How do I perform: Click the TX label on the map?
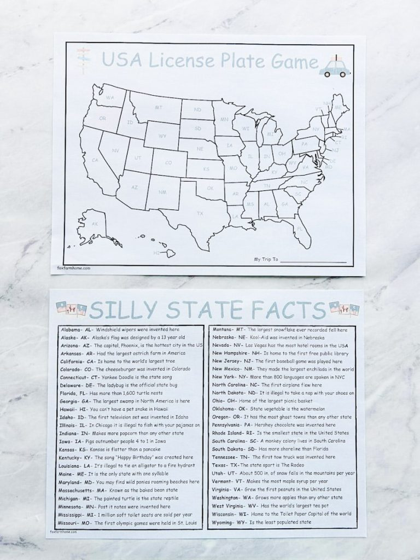[200, 213]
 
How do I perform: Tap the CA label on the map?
[95, 160]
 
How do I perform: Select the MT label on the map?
[160, 107]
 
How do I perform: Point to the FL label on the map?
[300, 229]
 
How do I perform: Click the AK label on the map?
[95, 224]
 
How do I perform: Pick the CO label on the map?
[168, 162]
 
